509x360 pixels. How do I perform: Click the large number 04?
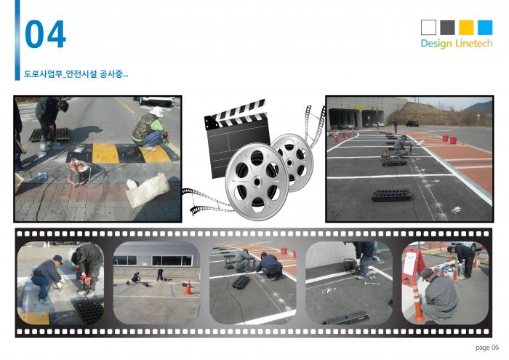(45, 34)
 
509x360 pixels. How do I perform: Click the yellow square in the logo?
(466, 27)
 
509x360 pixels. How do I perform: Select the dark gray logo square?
(447, 27)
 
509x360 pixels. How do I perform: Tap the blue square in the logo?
(485, 27)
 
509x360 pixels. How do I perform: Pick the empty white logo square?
(428, 27)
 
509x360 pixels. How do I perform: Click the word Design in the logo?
(436, 44)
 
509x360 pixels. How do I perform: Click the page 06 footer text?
(487, 348)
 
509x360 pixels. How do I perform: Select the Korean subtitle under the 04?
(76, 74)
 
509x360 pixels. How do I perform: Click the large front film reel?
(257, 181)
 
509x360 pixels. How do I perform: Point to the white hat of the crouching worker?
(157, 112)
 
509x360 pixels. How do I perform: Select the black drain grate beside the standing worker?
(49, 135)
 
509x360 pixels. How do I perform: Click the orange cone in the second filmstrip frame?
(188, 288)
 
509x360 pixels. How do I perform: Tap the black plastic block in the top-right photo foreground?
(391, 195)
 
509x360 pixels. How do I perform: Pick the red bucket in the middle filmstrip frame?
(284, 250)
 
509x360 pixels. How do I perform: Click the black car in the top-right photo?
(412, 124)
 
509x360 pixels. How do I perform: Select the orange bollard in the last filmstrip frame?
(417, 301)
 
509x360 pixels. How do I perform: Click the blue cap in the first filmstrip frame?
(57, 259)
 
